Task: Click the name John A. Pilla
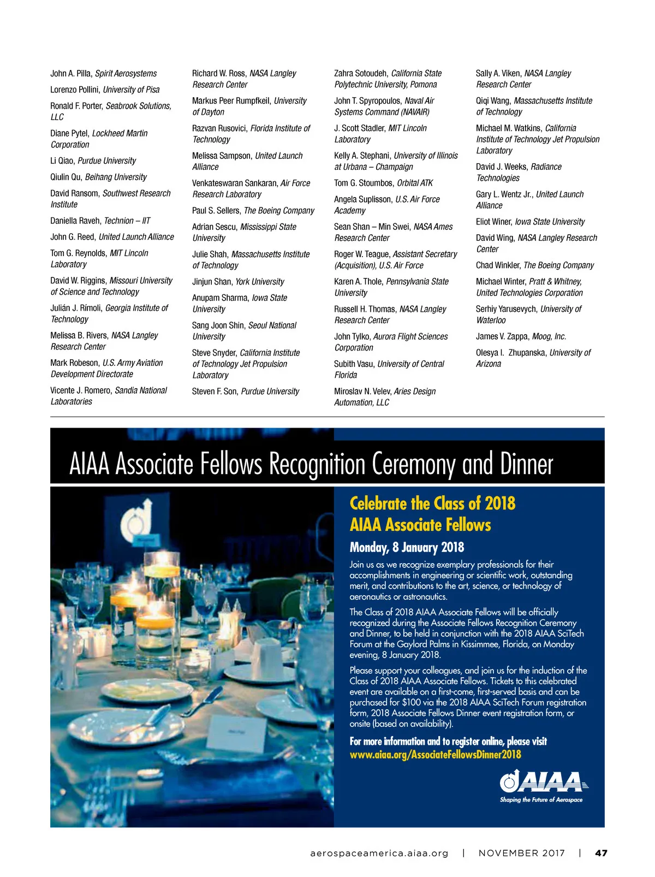click(x=70, y=74)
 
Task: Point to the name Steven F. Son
click(x=215, y=392)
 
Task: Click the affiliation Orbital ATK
click(x=415, y=183)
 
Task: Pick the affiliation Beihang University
click(x=116, y=177)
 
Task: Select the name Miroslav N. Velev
click(x=362, y=392)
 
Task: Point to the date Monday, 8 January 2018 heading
click(x=407, y=547)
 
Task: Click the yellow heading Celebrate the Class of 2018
click(x=432, y=503)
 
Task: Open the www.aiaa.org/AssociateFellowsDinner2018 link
click(x=435, y=755)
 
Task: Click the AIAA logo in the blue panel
click(x=543, y=781)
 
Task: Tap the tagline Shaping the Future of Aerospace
click(x=541, y=800)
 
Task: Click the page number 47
click(x=601, y=853)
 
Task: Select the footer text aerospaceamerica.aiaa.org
click(x=379, y=853)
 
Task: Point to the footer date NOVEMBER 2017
click(x=521, y=853)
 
